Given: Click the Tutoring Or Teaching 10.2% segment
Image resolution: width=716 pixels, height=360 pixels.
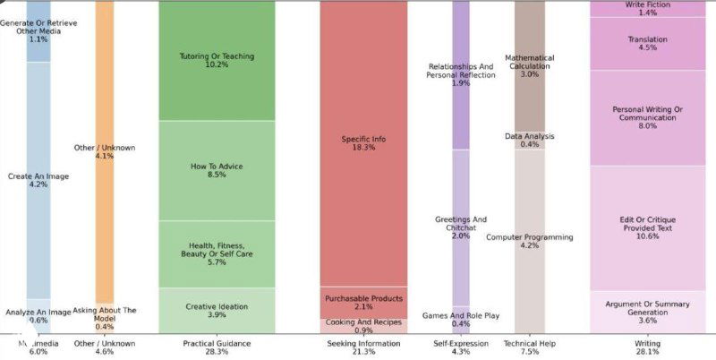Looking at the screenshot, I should coord(217,60).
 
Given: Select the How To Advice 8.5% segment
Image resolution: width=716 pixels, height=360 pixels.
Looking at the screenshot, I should coord(217,170).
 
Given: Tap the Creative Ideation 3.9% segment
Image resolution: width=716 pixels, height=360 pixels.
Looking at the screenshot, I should coord(217,310).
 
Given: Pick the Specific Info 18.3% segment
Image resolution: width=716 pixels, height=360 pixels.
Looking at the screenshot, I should coord(363,143).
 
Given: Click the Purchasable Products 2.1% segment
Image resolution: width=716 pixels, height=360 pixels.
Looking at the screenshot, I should coord(363,302).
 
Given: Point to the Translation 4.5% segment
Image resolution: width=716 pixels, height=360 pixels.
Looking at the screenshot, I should coord(647,43).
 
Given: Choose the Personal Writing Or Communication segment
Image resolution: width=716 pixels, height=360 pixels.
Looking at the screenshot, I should coord(647,117).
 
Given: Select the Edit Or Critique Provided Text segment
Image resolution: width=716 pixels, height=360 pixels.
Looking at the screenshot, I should coord(647,227).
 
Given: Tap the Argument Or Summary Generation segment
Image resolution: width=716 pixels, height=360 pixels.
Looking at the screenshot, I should coord(647,311).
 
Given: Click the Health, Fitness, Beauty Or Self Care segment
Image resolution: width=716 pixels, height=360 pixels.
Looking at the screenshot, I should coord(217,254).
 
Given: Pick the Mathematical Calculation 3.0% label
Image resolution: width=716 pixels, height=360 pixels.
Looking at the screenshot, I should coord(529,66).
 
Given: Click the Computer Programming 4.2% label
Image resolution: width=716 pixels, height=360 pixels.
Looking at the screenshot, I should coord(529,241).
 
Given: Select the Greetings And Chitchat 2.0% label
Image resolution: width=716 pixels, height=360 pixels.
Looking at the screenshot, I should coord(460,227).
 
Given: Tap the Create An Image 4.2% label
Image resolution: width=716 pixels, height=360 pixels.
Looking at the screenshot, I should coord(38,181).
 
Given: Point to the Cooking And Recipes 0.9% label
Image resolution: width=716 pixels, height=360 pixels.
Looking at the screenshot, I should coord(363,325).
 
